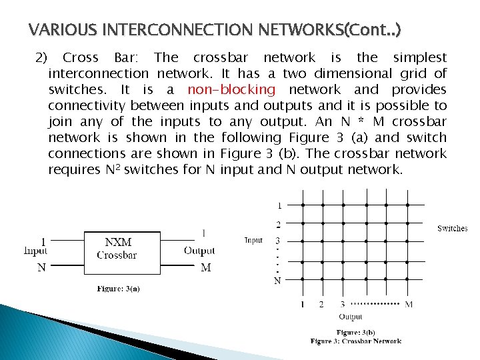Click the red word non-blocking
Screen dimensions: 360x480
point(231,89)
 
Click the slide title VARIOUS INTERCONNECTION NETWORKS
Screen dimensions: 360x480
point(216,31)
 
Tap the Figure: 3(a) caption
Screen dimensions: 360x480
point(119,289)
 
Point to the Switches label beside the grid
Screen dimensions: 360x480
point(452,229)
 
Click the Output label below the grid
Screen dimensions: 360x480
point(351,317)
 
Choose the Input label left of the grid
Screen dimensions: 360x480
point(253,240)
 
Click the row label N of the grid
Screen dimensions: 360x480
point(277,281)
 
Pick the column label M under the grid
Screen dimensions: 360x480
point(409,305)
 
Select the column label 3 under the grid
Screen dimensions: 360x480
point(343,305)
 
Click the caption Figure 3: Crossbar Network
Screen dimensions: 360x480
point(356,341)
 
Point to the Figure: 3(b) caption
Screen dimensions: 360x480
point(356,332)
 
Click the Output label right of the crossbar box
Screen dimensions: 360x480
point(199,251)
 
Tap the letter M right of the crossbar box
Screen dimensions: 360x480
point(205,267)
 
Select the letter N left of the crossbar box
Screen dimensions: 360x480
point(41,267)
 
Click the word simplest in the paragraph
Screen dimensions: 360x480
point(420,57)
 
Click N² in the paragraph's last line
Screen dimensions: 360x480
point(113,169)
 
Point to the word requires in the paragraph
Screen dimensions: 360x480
point(74,170)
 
